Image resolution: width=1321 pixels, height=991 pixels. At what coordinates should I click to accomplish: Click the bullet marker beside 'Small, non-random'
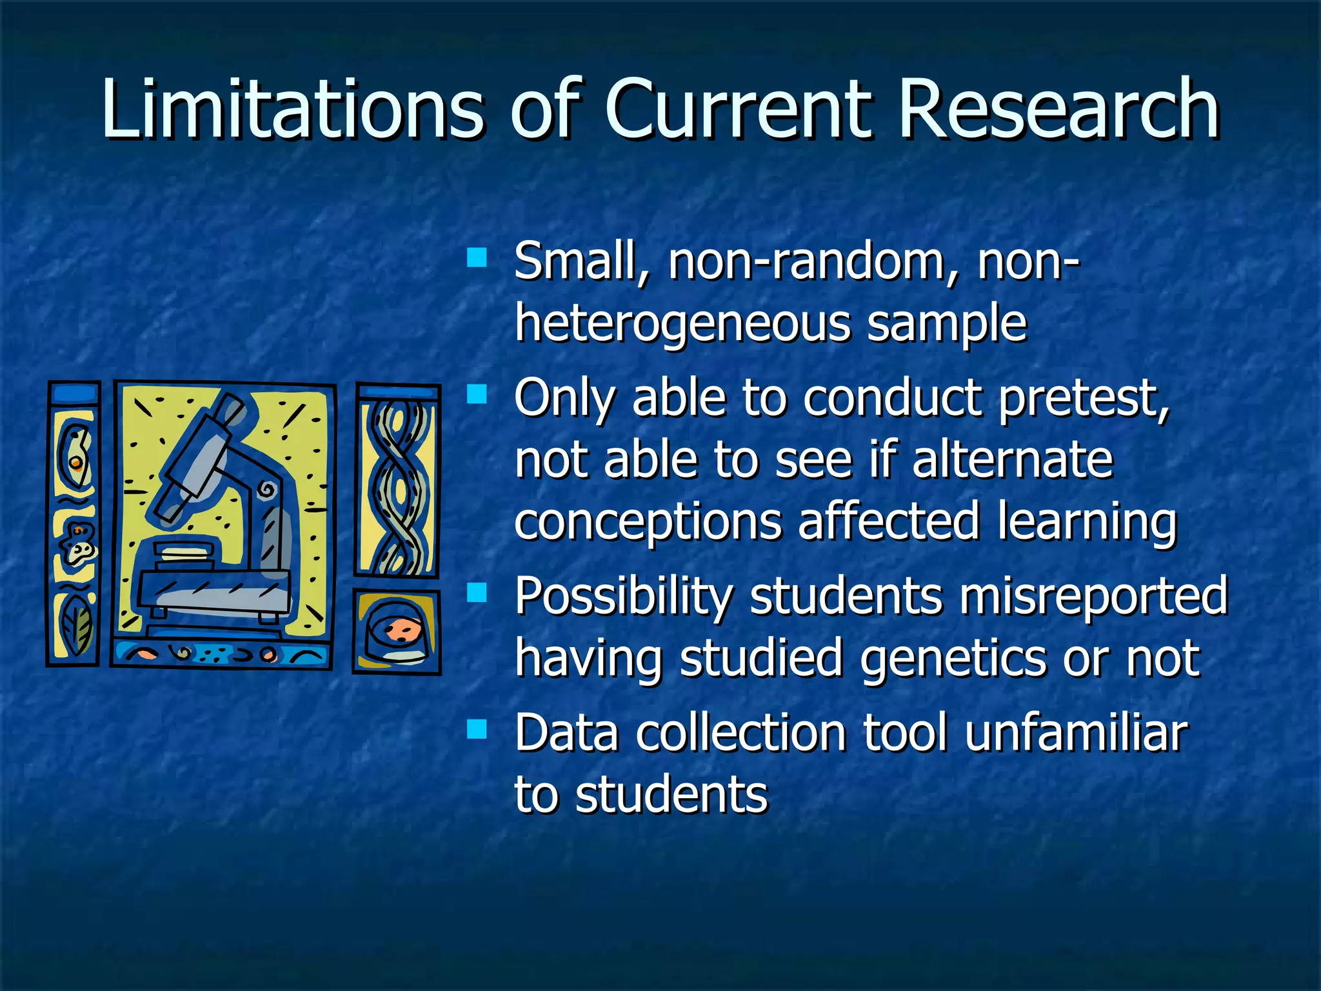point(477,258)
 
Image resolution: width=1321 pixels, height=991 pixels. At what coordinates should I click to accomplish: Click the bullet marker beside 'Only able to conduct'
point(477,394)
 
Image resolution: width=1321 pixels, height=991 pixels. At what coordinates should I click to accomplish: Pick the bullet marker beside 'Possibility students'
point(477,592)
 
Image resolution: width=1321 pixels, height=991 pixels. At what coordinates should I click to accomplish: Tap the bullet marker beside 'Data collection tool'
point(477,730)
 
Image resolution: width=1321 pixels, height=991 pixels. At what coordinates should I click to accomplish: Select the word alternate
point(1013,459)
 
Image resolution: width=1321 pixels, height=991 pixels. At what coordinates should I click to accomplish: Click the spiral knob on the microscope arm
point(266,490)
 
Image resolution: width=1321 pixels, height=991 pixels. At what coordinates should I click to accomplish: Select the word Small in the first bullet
point(574,261)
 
